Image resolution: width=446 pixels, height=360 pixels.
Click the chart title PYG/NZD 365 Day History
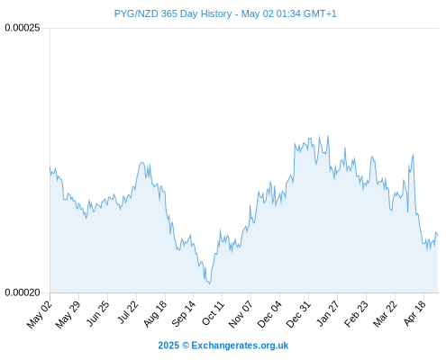click(x=173, y=13)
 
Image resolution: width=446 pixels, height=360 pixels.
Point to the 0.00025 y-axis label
click(x=23, y=28)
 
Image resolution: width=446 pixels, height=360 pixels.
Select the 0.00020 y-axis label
click(x=23, y=292)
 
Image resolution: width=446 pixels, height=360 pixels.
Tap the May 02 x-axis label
click(x=40, y=315)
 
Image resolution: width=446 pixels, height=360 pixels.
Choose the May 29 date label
click(x=68, y=315)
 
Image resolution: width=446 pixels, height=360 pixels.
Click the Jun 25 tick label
click(x=97, y=314)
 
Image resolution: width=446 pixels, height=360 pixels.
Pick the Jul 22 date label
click(x=127, y=312)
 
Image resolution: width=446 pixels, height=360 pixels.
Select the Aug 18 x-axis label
click(x=155, y=314)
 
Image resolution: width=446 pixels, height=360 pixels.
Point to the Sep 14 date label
click(x=183, y=314)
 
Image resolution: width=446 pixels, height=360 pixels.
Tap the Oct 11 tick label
click(x=213, y=313)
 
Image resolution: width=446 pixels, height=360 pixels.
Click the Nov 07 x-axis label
click(x=241, y=315)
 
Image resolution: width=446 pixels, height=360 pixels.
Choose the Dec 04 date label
click(x=269, y=315)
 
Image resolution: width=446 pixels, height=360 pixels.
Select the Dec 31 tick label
click(x=298, y=314)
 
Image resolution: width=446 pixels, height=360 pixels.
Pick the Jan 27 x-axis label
click(x=328, y=314)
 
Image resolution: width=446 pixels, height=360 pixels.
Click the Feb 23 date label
click(x=356, y=314)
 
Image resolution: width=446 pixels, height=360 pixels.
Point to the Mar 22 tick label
click(x=385, y=314)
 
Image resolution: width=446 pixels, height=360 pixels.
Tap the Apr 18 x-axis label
click(x=414, y=314)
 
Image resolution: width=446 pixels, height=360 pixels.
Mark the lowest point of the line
click(x=209, y=283)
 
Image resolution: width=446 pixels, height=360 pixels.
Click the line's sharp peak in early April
click(x=413, y=155)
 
